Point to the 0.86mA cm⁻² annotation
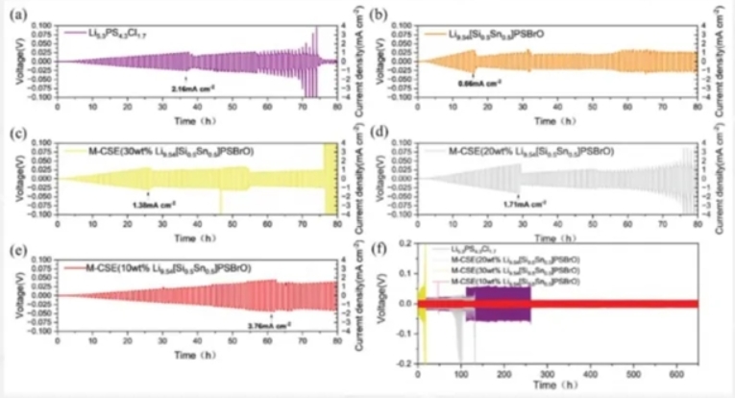click(x=478, y=84)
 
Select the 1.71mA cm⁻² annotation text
click(x=525, y=205)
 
